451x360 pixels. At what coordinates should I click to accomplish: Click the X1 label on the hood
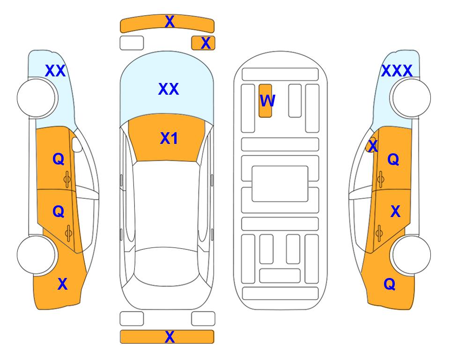click(x=169, y=138)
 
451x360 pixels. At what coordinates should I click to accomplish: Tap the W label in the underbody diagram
click(x=267, y=100)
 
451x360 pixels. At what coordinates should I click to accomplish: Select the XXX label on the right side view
click(x=397, y=71)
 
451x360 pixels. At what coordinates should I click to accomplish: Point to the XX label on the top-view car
click(x=169, y=89)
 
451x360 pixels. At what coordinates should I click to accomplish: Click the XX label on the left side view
click(x=55, y=71)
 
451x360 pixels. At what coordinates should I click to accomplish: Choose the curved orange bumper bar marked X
click(x=167, y=24)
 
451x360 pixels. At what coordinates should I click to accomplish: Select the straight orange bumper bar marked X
click(x=167, y=337)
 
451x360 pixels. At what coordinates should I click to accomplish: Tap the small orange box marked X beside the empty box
click(x=203, y=43)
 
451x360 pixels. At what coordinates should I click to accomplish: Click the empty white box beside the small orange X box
click(x=132, y=43)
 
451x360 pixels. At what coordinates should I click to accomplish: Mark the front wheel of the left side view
click(x=37, y=98)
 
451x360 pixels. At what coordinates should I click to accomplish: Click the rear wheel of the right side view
click(x=411, y=255)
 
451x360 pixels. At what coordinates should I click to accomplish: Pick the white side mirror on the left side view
click(x=77, y=144)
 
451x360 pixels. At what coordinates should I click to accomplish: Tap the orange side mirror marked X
click(x=371, y=145)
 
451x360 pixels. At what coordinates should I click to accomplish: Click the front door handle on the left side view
click(x=67, y=180)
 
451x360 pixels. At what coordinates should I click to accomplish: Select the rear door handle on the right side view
click(x=379, y=233)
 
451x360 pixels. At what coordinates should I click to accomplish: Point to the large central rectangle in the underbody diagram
click(x=280, y=184)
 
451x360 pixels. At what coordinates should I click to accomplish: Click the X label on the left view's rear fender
click(x=62, y=284)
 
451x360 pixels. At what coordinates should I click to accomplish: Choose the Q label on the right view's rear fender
click(x=390, y=284)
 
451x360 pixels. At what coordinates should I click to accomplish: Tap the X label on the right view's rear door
click(x=395, y=211)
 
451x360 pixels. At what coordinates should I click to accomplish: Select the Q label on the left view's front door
click(x=59, y=159)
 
